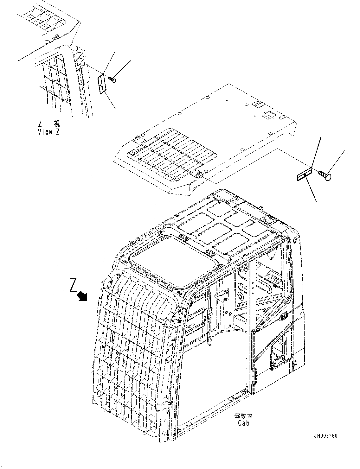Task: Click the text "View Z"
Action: point(48,132)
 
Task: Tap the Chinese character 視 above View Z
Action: point(56,123)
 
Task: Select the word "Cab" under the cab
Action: point(243,423)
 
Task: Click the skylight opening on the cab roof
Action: point(173,261)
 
